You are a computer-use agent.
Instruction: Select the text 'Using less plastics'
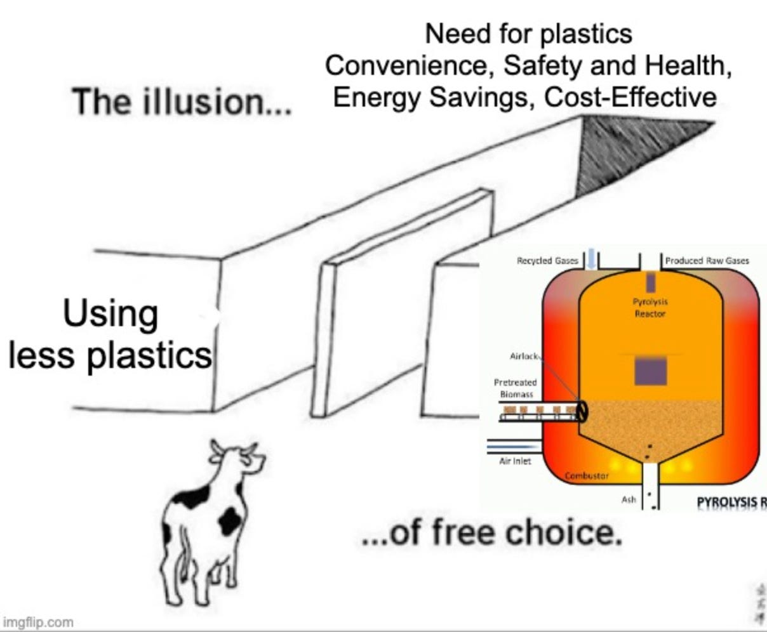pos(110,334)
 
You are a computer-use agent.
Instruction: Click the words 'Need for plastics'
pos(528,34)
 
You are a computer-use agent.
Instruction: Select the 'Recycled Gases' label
pos(547,260)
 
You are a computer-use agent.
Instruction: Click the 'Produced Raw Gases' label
pos(707,260)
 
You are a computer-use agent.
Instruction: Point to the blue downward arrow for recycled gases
pos(592,260)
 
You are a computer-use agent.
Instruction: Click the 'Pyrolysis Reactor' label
pos(650,308)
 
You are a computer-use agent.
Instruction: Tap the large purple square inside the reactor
pos(650,371)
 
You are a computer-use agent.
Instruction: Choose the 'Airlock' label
pos(524,356)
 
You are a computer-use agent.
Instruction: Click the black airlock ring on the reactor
pos(581,412)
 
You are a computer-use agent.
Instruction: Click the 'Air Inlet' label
pos(515,461)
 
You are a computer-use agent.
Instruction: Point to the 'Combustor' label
pos(587,475)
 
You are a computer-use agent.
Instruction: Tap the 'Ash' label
pos(629,500)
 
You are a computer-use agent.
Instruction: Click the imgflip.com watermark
pos(38,622)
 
